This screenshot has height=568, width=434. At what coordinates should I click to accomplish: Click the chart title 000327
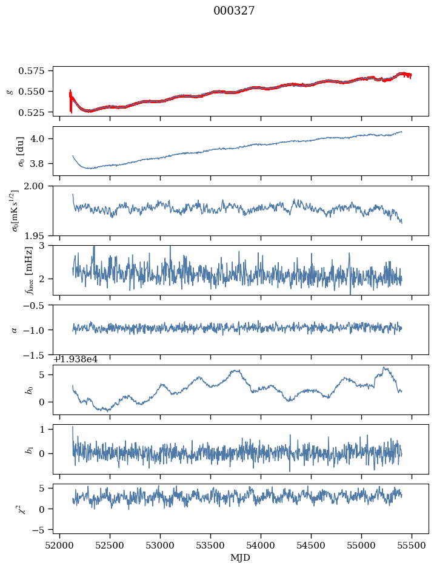tap(234, 11)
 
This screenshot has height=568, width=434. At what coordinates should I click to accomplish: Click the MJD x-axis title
tap(241, 557)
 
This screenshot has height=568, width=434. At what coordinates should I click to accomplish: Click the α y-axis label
tap(15, 330)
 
